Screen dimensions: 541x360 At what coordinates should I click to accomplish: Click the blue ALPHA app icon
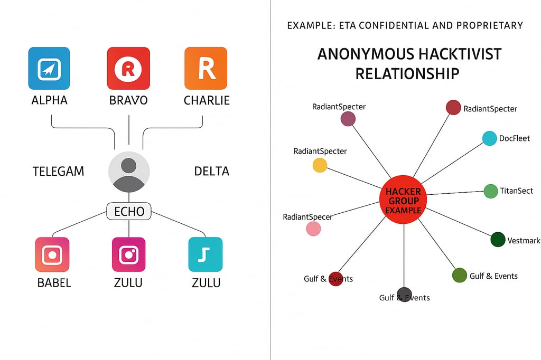point(49,68)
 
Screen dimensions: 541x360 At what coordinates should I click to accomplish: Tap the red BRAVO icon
point(128,68)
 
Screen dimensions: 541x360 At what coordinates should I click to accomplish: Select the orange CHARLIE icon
point(206,68)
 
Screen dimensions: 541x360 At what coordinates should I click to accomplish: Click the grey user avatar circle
point(129,172)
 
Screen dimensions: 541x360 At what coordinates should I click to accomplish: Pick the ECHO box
point(129,211)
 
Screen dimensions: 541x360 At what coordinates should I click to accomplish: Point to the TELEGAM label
point(58,172)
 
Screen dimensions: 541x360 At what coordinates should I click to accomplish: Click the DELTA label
point(211,171)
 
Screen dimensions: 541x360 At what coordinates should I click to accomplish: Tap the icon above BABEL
point(52,254)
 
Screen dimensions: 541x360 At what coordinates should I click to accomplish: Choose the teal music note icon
point(206,254)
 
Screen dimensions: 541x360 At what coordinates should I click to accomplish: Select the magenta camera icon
point(129,254)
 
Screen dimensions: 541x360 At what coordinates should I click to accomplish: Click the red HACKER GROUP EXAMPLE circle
point(403,200)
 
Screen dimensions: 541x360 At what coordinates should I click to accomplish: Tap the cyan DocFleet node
point(489,138)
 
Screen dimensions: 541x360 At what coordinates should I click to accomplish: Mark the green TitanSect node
point(491,192)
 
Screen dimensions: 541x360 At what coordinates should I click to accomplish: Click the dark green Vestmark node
point(498,240)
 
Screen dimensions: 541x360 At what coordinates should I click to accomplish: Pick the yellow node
point(320,165)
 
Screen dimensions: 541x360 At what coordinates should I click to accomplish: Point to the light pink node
point(313,229)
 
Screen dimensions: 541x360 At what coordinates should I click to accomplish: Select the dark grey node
point(404,295)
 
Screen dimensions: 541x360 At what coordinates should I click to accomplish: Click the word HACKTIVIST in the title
point(460,54)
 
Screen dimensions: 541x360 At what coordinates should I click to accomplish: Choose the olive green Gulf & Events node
point(460,275)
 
